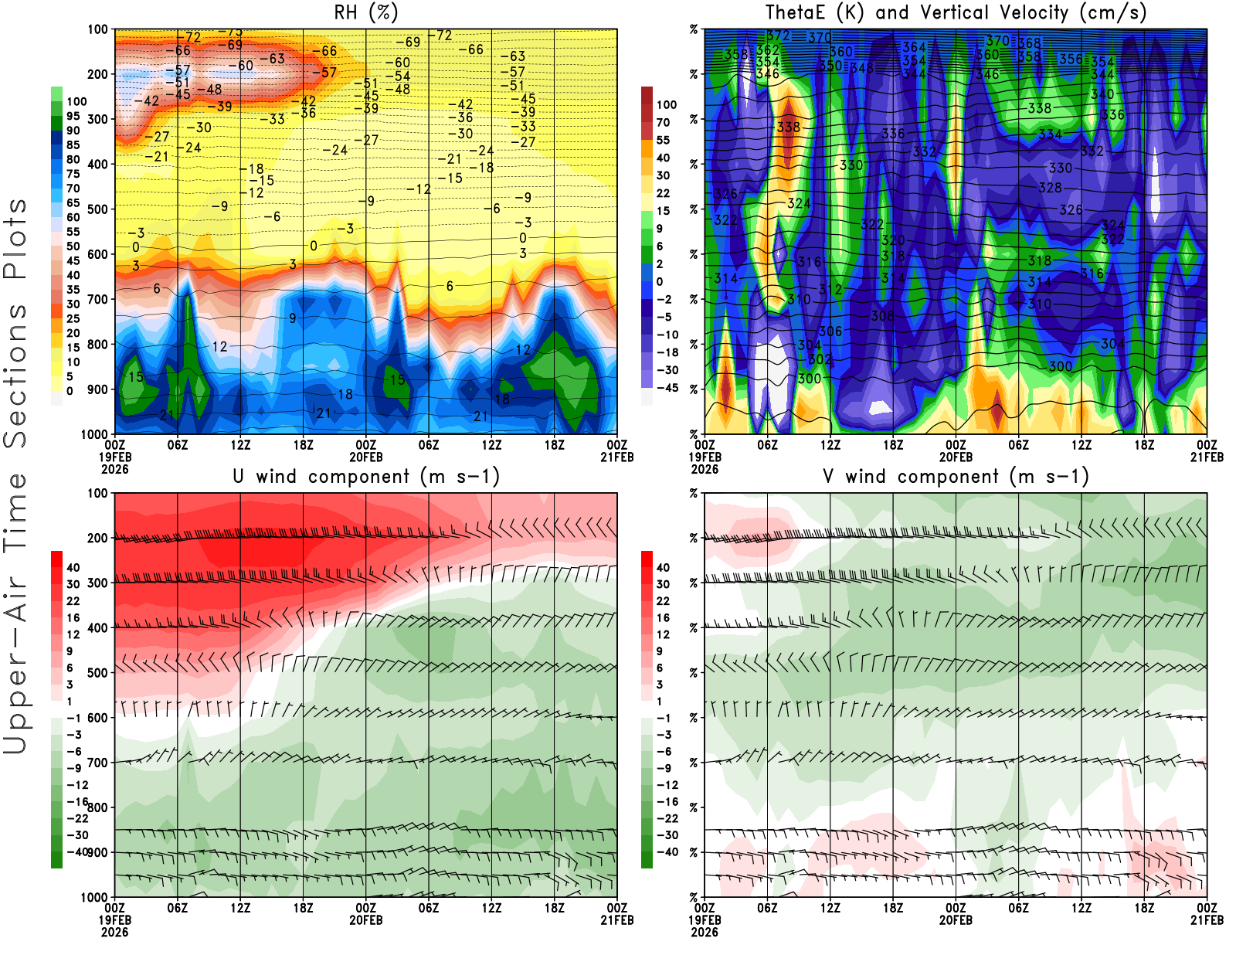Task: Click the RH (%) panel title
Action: [x=366, y=12]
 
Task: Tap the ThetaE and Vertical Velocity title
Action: [x=956, y=12]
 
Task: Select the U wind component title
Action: [x=366, y=476]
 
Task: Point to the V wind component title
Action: [x=956, y=476]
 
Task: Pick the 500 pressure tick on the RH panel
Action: [x=98, y=209]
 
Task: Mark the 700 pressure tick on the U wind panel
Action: [x=98, y=763]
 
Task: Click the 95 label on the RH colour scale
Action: [x=73, y=116]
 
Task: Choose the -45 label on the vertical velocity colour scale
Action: [x=666, y=388]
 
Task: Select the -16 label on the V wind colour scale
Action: [x=666, y=802]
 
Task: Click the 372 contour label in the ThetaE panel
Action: [x=778, y=36]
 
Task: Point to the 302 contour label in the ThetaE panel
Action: [x=820, y=359]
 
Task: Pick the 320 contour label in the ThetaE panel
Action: [x=893, y=240]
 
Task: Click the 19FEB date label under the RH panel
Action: [x=114, y=457]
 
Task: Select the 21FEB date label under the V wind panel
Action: [x=1207, y=920]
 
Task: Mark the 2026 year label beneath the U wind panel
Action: [x=114, y=932]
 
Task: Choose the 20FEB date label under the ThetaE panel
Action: [x=956, y=457]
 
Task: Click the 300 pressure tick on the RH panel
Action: [x=98, y=120]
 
